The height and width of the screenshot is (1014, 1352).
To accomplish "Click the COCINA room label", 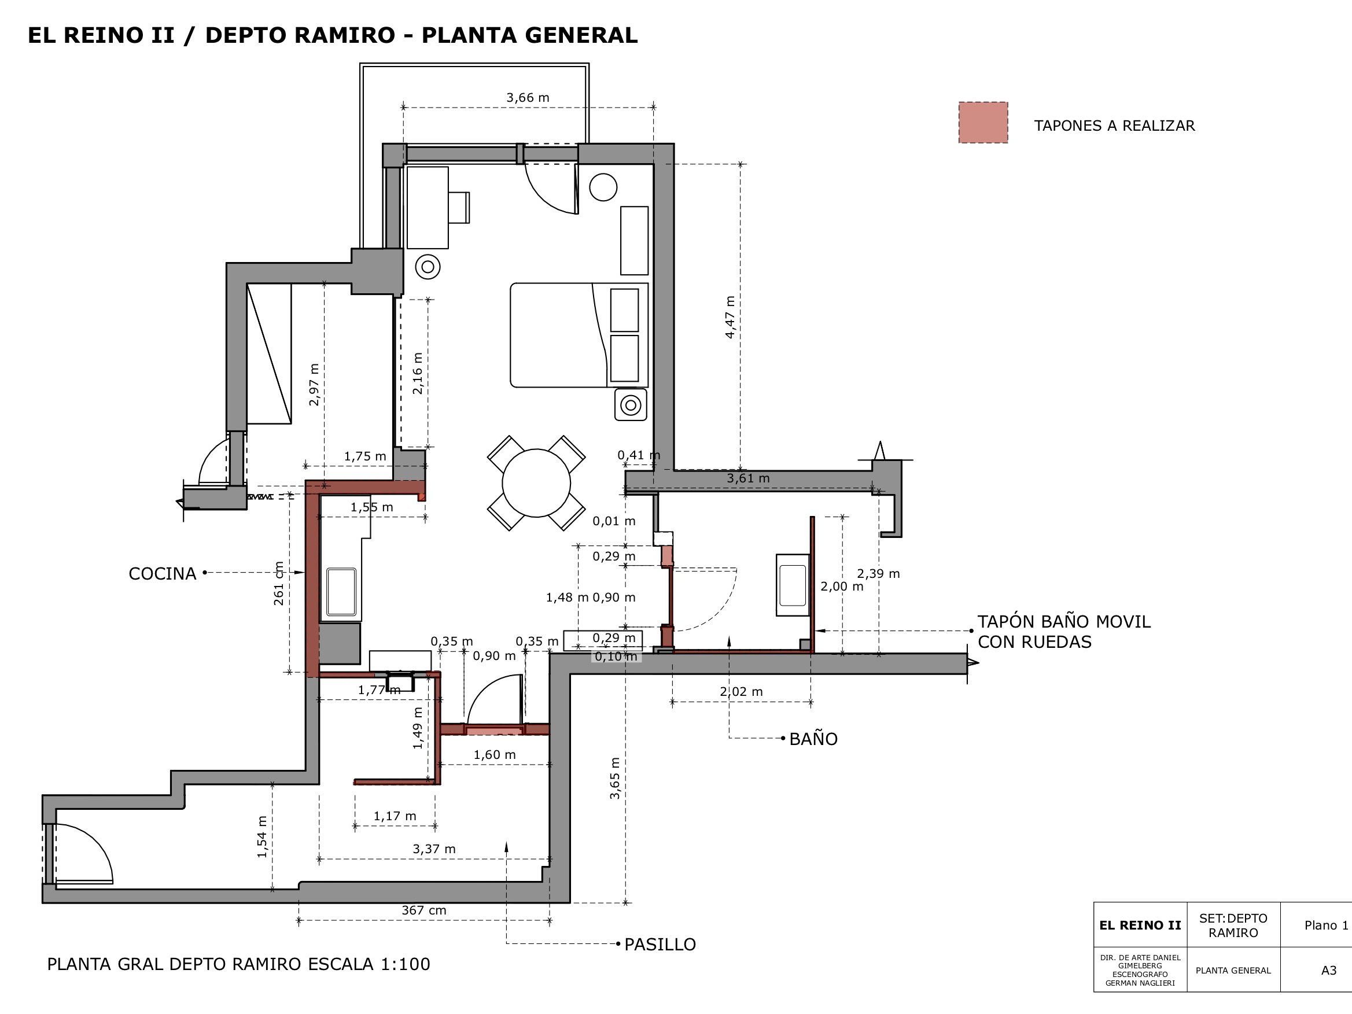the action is click(162, 573).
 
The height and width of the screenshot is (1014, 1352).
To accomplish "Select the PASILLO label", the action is click(660, 945).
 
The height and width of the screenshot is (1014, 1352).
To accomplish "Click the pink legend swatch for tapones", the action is click(983, 123).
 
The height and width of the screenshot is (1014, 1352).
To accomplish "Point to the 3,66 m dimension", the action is click(528, 97).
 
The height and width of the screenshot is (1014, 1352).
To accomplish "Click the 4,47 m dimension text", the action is click(730, 317).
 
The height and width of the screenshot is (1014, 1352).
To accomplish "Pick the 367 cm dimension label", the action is click(423, 910).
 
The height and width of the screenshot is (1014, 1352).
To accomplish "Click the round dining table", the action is click(536, 483).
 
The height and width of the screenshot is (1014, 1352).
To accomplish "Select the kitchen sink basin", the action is click(341, 592).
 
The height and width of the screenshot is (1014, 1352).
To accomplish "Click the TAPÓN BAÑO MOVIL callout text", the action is click(1063, 632).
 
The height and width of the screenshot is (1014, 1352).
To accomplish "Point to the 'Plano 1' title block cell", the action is click(1327, 925).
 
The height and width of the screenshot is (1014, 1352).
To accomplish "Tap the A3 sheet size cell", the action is click(1329, 970).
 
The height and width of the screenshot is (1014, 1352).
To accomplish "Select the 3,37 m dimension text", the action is click(434, 849).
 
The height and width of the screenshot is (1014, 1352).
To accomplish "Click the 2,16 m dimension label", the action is click(418, 373).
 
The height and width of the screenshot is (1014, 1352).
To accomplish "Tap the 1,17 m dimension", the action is click(395, 816).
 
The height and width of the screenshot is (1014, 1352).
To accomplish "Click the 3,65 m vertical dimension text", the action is click(615, 778).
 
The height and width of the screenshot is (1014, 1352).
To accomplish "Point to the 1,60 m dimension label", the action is click(495, 755).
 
